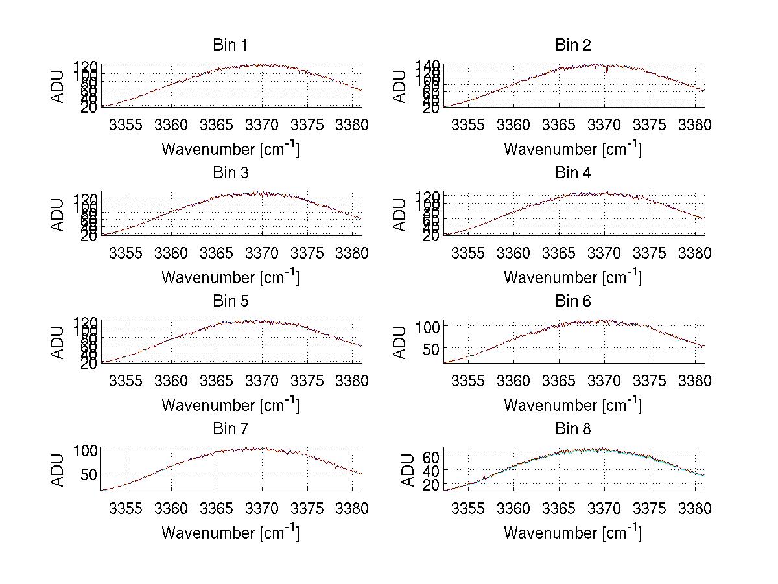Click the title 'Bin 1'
point(230,45)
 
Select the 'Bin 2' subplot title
point(573,45)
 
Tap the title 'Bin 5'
point(230,301)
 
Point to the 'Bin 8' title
point(573,429)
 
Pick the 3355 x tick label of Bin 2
point(467,124)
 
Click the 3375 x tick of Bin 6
point(650,380)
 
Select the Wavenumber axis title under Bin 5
point(230,405)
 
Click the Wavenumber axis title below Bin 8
point(573,533)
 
